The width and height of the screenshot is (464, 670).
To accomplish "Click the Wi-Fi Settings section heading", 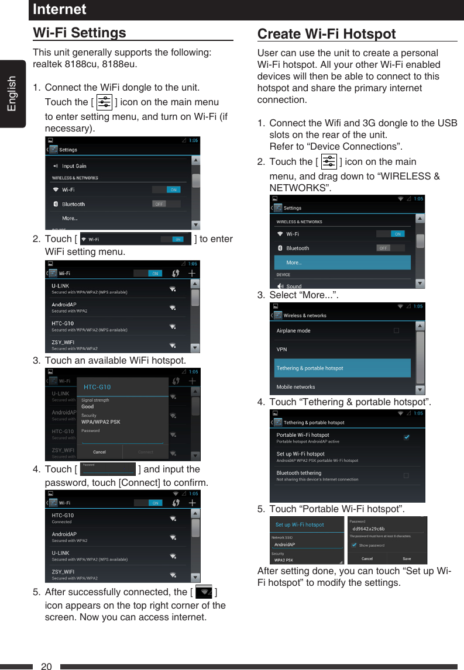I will click(x=80, y=33).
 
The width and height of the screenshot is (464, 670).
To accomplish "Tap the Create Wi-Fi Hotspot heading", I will click(x=326, y=34).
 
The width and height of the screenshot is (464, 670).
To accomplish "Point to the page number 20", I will click(x=47, y=666).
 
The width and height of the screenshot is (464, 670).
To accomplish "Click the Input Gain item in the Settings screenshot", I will click(x=74, y=166).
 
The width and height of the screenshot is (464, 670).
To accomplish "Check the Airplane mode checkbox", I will click(x=396, y=331).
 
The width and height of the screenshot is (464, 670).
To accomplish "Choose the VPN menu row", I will click(x=282, y=350).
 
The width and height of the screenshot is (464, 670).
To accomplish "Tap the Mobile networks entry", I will click(x=295, y=387).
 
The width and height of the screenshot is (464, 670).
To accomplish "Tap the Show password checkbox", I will click(x=354, y=545).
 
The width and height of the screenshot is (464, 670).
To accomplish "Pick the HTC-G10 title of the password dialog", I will click(x=97, y=387).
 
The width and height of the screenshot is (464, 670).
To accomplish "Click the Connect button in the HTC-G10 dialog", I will click(x=146, y=452).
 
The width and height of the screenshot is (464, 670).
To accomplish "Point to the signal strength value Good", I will click(x=87, y=406).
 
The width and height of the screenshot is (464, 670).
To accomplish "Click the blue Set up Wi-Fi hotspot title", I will click(x=300, y=524).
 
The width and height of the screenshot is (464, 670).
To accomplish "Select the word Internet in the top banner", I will click(x=60, y=9).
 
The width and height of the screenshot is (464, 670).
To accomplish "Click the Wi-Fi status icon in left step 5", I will click(x=203, y=592).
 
